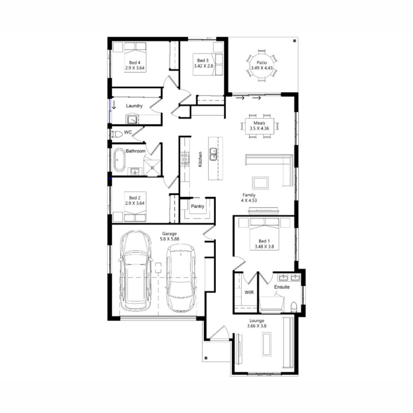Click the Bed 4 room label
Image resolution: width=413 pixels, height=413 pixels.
click(135, 63)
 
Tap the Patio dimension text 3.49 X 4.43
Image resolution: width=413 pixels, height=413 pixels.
click(262, 68)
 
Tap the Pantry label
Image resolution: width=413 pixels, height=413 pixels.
click(198, 206)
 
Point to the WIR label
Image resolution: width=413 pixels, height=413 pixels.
click(248, 292)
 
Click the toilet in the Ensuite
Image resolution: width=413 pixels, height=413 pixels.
click(294, 306)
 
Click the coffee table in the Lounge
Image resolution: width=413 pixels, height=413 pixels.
click(266, 344)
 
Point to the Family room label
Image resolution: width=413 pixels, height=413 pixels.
click(249, 195)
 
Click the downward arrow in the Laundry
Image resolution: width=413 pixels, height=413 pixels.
click(114, 106)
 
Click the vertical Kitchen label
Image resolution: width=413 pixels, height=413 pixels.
click(200, 160)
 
